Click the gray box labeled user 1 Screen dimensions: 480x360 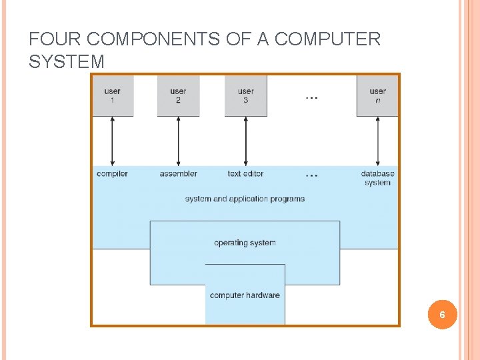[x=113, y=96]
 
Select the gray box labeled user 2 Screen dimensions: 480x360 [x=179, y=96]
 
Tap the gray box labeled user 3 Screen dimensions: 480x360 [x=246, y=96]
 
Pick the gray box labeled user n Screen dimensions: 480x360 [x=377, y=96]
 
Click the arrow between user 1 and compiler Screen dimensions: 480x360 [x=113, y=141]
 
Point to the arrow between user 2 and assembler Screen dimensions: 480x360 [x=179, y=141]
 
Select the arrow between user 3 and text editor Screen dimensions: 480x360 [x=246, y=141]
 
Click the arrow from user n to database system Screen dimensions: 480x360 [x=378, y=141]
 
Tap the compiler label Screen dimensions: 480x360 [x=112, y=174]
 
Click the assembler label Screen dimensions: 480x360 [x=179, y=173]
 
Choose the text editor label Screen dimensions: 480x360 [x=245, y=173]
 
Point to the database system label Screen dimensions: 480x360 [x=377, y=178]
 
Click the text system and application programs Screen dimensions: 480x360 [x=245, y=199]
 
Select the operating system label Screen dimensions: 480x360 [x=245, y=243]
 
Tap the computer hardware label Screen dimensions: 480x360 [x=245, y=295]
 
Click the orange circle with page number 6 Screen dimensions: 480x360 [x=443, y=315]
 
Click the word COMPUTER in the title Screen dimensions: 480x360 [x=327, y=39]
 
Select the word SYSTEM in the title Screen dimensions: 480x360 [x=67, y=61]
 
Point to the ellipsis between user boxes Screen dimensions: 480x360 [x=311, y=98]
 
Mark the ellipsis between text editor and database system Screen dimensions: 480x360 [x=311, y=176]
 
